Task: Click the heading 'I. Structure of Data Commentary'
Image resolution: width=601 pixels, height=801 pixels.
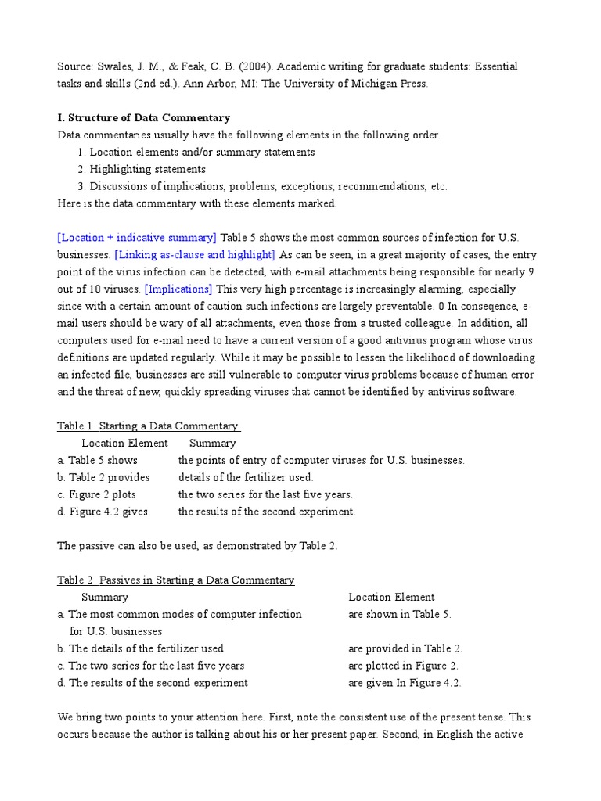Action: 144,118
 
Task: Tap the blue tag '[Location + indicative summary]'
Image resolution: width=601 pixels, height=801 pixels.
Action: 137,238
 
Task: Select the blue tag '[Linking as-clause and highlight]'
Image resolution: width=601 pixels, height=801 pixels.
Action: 195,255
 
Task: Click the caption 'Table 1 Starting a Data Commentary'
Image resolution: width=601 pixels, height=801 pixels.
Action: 149,426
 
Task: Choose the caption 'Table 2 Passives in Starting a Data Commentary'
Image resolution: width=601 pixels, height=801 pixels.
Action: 176,580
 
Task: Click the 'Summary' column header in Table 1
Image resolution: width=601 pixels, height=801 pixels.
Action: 212,444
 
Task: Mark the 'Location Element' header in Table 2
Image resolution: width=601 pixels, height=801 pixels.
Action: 391,598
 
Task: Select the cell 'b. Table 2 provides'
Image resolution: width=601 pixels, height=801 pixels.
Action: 103,477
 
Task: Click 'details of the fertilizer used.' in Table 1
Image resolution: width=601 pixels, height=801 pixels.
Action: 246,477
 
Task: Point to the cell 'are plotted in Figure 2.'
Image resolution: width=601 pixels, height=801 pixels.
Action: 404,666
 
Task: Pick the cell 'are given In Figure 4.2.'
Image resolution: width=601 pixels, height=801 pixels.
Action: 405,683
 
